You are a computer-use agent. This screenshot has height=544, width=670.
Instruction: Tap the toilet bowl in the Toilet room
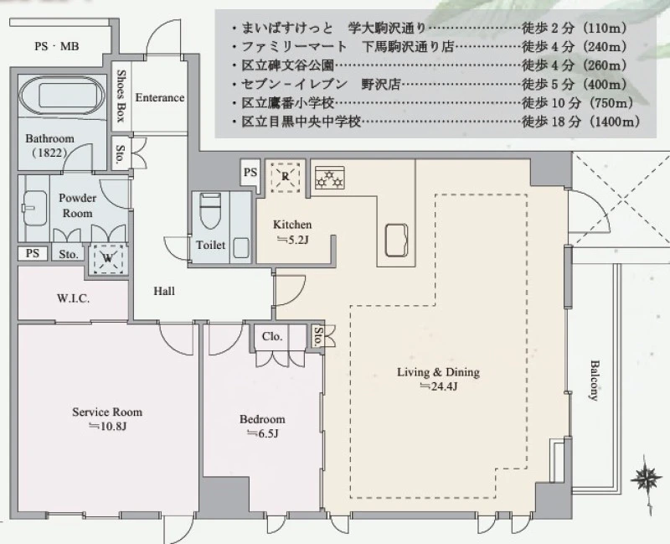coord(210,211)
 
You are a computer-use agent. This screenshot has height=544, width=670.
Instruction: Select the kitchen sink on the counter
coord(396,240)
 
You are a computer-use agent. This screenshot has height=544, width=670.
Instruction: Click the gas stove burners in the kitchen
coord(329,179)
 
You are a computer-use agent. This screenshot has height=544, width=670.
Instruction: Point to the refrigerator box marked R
coord(285,177)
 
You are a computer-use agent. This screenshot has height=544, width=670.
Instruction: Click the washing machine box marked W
coord(108,258)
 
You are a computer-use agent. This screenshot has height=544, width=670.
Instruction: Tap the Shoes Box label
coord(121,96)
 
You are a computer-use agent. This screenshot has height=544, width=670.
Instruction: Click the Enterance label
coord(160,97)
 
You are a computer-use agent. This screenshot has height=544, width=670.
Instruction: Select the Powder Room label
coord(77,205)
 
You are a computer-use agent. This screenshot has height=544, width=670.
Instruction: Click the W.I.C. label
coord(73,298)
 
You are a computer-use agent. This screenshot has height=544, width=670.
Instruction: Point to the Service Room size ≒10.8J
coord(107,427)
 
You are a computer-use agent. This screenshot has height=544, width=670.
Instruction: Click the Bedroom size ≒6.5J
coord(262,433)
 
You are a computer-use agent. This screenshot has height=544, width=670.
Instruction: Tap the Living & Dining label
coord(438,371)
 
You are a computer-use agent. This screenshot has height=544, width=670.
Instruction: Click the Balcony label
coord(594,381)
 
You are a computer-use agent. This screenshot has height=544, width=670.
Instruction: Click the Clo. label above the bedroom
coord(272,336)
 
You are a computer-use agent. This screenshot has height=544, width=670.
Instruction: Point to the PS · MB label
coord(57,46)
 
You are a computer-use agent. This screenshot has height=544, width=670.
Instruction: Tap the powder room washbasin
coord(34,208)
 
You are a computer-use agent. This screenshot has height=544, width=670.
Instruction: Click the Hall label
coord(164,291)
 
